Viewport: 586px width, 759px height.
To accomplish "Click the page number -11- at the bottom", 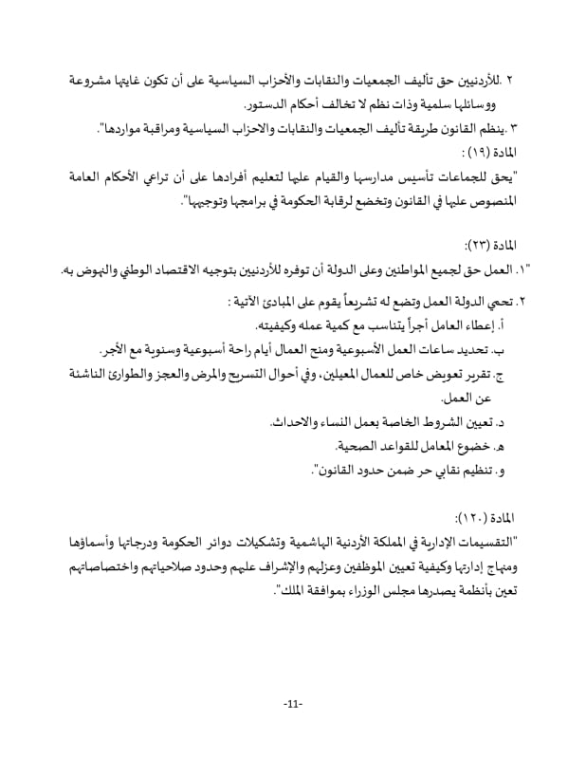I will tap(292, 703).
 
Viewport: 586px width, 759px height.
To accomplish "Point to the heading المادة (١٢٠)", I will tap(485, 516).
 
